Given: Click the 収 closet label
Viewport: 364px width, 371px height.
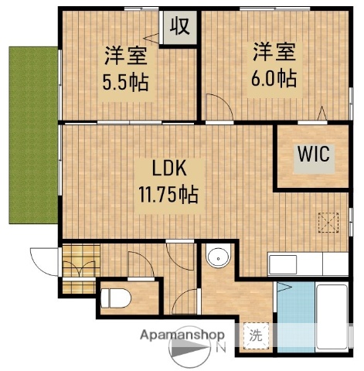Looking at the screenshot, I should tap(180, 27).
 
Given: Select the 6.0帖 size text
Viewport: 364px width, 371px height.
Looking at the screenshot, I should tap(273, 78).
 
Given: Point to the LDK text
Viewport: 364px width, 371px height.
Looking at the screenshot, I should tap(167, 168).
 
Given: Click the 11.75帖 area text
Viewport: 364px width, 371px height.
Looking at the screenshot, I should tap(168, 194).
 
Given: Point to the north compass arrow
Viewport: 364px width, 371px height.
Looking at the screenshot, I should tap(190, 354).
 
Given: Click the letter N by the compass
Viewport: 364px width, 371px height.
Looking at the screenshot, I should tap(221, 349).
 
